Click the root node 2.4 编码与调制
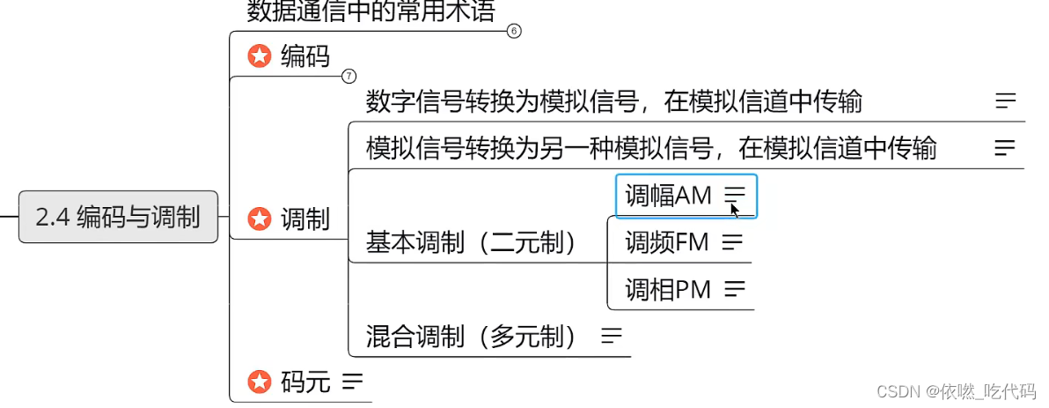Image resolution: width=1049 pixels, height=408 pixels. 118,216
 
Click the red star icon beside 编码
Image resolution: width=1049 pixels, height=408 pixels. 260,56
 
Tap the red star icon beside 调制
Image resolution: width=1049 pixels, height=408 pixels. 260,219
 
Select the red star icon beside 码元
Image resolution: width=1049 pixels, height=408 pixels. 260,382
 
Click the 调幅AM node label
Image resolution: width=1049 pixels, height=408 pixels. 668,196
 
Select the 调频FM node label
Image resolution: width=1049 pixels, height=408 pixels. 667,241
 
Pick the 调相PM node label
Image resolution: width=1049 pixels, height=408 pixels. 668,288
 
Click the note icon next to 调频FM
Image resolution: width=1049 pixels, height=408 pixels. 732,242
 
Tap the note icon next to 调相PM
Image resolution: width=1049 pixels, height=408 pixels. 735,288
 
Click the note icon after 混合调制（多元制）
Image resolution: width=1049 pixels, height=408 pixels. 611,336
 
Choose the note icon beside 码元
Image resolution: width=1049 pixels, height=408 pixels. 352,382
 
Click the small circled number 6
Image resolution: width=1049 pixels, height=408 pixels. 514,32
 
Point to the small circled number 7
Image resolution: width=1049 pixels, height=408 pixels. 349,76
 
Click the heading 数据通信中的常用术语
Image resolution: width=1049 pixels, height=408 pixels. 370,11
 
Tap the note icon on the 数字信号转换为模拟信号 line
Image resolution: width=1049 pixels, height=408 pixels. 1006,101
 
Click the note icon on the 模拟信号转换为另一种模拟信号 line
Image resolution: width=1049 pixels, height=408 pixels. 1004,148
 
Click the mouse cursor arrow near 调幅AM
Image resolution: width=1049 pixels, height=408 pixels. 735,210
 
